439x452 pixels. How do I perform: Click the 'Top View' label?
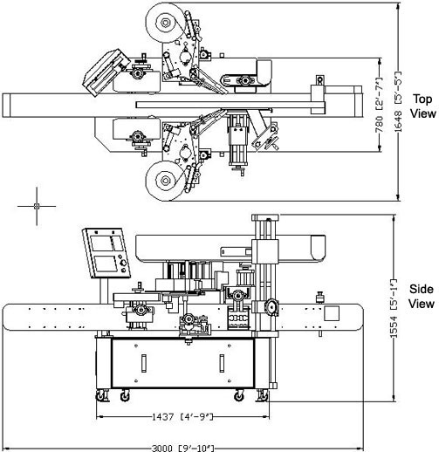point(422,106)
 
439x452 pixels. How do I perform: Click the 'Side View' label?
point(422,297)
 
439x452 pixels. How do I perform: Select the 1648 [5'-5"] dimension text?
point(398,101)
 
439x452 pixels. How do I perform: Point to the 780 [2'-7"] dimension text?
point(379,105)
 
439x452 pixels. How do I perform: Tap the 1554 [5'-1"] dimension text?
point(393,309)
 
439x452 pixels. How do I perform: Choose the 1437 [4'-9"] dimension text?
point(182,417)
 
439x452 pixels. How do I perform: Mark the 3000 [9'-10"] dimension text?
point(183,448)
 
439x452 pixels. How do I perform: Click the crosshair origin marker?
point(37,206)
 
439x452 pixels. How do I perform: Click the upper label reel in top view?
point(165,23)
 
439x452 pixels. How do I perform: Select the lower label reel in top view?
point(165,181)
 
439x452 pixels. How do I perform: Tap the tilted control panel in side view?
point(106,253)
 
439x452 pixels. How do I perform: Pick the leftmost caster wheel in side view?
point(100,395)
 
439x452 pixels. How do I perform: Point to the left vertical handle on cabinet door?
point(143,363)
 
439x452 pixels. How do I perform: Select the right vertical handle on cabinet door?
point(222,363)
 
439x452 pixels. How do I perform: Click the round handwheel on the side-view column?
point(271,307)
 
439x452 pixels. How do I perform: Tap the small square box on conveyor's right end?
point(332,313)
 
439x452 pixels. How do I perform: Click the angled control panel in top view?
point(106,72)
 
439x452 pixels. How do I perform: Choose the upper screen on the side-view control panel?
point(106,243)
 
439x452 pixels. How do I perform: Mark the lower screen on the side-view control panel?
point(106,264)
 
